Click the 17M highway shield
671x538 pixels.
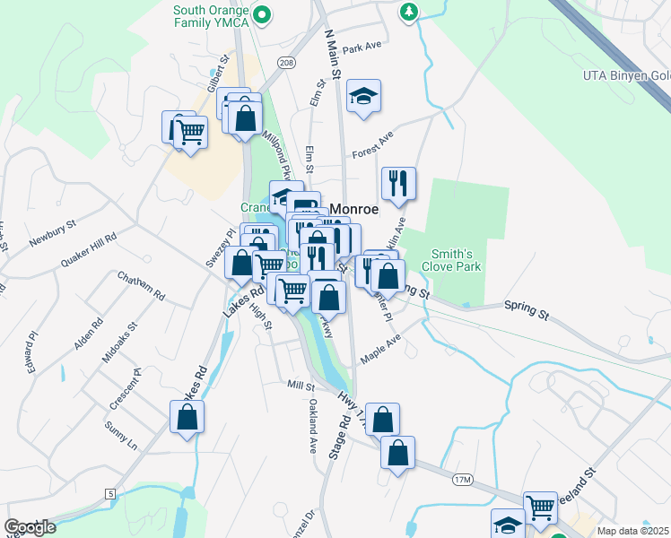point(462,481)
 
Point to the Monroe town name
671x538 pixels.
point(353,208)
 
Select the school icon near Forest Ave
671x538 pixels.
point(363,97)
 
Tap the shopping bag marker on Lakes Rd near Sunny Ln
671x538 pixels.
point(187,418)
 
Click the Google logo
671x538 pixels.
point(30,527)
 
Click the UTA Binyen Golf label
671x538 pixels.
point(626,76)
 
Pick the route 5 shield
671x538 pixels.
point(109,494)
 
